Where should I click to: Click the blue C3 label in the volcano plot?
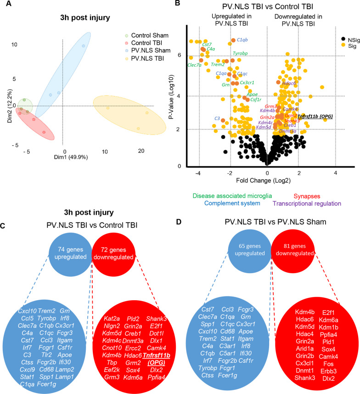[x=217, y=119]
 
